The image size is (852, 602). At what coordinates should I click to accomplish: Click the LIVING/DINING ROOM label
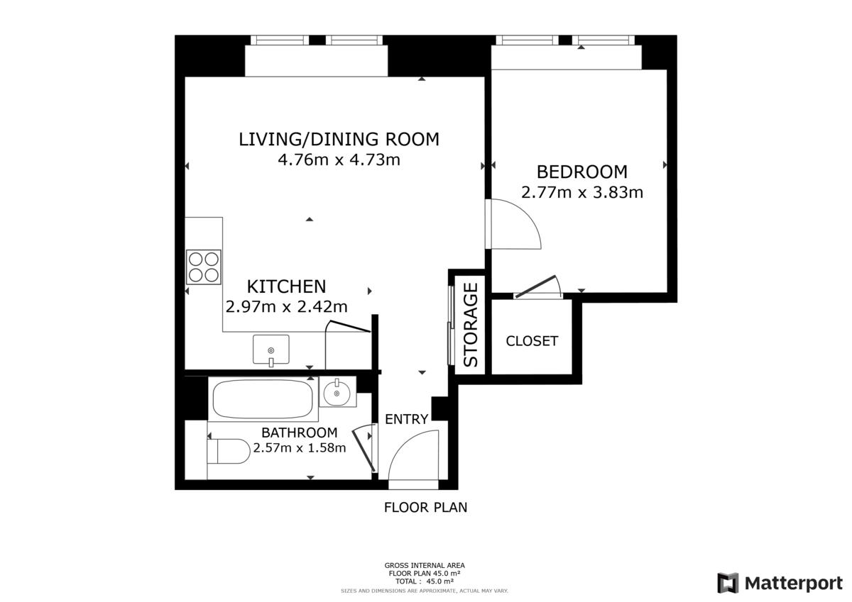coord(339,140)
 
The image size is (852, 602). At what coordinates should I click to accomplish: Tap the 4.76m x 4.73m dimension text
coord(339,160)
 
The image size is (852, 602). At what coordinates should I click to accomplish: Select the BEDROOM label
coord(582,172)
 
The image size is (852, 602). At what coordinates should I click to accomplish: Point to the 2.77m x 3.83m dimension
coord(582,192)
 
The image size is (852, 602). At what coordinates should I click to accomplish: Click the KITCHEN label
coord(286,286)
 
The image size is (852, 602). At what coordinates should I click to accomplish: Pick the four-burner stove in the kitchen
coord(204,267)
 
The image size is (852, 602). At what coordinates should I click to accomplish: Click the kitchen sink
coord(271,350)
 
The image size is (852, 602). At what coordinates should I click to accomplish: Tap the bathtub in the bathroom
coord(263,400)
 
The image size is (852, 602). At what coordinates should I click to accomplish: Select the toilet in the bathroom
coord(228,451)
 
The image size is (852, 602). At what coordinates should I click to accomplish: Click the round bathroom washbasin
coord(337,393)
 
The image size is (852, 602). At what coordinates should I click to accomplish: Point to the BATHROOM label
coord(300,433)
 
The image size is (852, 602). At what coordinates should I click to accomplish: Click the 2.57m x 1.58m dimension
coord(300,448)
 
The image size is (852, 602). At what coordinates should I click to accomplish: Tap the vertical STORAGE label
coord(471,325)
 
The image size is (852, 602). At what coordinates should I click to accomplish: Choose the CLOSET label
coord(532,341)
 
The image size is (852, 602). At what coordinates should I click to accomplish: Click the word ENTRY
coord(407,419)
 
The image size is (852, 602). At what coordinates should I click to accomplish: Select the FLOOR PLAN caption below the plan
coord(425,508)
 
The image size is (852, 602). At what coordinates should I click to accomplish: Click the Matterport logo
coord(780,583)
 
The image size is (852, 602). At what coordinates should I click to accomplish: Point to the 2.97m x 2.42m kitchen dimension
coord(286,306)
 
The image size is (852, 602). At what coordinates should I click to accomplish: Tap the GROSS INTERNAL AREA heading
coord(425,566)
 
